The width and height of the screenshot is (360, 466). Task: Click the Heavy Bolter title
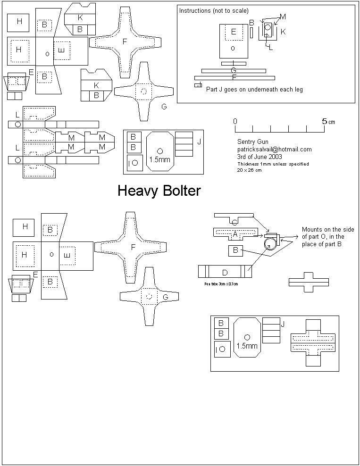159,191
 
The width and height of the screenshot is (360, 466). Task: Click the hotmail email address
274,149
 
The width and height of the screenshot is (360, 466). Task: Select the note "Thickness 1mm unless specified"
273,164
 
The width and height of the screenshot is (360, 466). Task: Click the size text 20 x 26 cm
249,170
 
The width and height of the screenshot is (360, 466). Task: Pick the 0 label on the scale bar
235,121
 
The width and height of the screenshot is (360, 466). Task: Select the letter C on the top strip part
234,222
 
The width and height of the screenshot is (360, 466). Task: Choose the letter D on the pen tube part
225,272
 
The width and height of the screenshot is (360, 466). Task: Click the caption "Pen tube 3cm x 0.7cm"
221,284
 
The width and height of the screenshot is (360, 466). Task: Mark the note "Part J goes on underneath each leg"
254,89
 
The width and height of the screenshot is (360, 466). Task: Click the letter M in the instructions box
282,17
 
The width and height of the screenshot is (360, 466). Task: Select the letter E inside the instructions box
233,32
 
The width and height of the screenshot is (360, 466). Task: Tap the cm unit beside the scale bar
332,122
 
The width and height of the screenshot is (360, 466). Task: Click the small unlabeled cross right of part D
309,282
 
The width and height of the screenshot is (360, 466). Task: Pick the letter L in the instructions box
270,48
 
